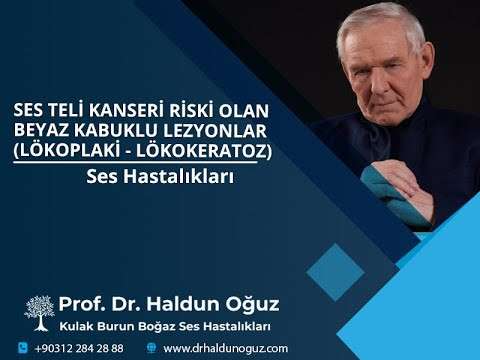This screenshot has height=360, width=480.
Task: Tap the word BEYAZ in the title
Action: pos(35,131)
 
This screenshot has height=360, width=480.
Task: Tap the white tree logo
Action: pos(39,310)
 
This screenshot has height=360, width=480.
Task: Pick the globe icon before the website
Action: pos(151,348)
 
